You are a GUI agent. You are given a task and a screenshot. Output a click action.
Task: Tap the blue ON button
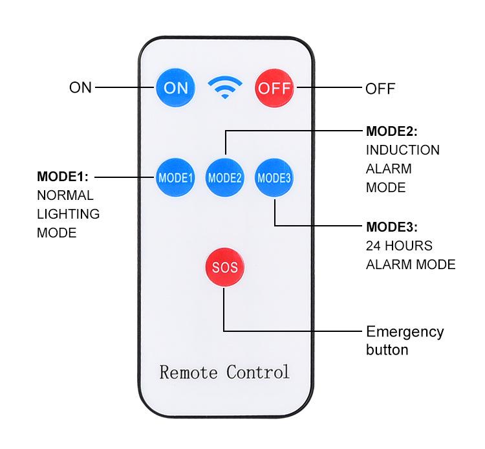click(175, 87)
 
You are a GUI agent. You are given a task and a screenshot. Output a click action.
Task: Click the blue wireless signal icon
click(224, 87)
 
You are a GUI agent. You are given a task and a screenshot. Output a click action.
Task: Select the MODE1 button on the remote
click(175, 177)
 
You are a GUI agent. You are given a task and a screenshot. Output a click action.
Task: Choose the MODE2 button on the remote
click(224, 177)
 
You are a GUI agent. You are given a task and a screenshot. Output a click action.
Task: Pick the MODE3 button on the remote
click(274, 177)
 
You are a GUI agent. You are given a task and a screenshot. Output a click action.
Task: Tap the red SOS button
click(224, 267)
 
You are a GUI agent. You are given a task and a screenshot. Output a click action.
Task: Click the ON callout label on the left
click(81, 87)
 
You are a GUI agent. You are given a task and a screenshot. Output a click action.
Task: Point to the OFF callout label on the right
click(380, 88)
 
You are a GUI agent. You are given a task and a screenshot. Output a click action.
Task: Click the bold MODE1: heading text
click(62, 177)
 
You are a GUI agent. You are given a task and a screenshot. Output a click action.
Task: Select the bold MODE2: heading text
click(392, 131)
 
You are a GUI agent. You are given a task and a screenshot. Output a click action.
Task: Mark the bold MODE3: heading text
click(392, 227)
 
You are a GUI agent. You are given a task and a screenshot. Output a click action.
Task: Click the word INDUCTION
click(403, 150)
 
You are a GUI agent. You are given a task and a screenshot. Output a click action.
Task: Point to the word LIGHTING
click(68, 214)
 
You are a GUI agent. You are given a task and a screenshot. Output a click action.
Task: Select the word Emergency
click(405, 333)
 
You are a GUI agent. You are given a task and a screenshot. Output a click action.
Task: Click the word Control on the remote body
click(258, 373)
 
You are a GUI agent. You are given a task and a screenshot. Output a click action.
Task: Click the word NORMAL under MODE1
click(65, 195)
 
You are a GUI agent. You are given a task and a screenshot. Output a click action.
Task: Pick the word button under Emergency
click(387, 350)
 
